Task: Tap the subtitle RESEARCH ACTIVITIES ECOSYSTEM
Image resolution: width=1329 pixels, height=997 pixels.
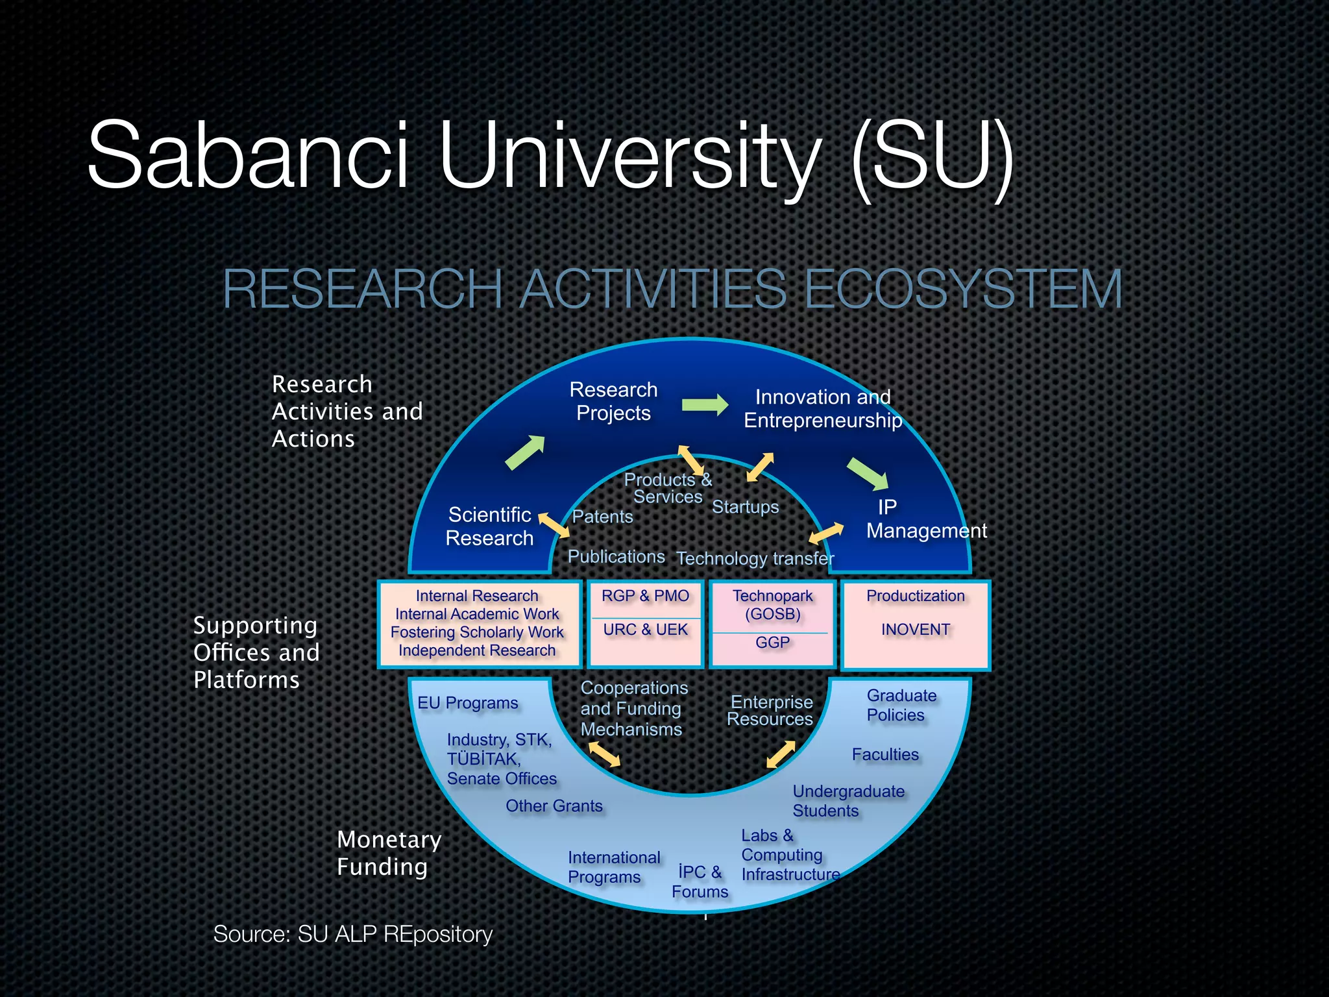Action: click(672, 289)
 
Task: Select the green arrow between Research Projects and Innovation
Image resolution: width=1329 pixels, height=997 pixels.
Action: click(705, 404)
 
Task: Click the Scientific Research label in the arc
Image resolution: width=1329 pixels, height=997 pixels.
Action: click(489, 526)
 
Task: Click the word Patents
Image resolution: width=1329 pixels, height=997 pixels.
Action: click(602, 517)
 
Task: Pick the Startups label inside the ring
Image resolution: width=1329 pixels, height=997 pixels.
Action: click(745, 507)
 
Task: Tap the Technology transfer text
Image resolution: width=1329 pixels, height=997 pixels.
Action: click(755, 558)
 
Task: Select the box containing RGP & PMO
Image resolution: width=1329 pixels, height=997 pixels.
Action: click(645, 623)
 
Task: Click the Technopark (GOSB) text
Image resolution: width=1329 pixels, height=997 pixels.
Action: click(772, 604)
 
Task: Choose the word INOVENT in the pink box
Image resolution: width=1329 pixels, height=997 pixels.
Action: click(915, 630)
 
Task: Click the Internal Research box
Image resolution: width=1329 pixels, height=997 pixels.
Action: click(478, 623)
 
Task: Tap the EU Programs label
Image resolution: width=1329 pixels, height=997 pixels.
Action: click(467, 703)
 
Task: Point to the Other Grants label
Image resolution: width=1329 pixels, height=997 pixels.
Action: click(554, 806)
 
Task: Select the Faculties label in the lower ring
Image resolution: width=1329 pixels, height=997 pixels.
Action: click(885, 754)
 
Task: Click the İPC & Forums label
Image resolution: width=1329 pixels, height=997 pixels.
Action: click(700, 881)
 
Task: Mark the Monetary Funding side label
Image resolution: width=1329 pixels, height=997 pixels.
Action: click(388, 853)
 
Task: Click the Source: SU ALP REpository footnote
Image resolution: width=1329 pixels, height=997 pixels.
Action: click(353, 934)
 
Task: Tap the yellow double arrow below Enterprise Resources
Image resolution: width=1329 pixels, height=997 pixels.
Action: click(781, 754)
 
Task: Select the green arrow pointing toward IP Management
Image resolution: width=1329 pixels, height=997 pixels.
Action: click(868, 473)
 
